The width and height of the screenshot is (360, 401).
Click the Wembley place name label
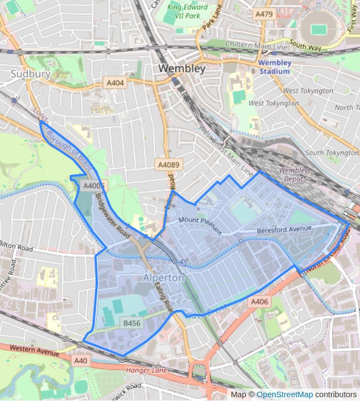[x=182, y=69]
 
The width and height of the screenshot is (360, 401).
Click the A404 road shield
[x=114, y=83]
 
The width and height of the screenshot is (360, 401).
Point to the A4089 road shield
[x=168, y=164]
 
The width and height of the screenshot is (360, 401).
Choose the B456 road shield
[x=132, y=323]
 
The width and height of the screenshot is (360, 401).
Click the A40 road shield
[x=81, y=360]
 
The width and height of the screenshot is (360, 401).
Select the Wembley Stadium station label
[x=274, y=66]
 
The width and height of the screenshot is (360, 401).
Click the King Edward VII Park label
[x=188, y=12]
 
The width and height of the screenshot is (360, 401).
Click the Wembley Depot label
[x=294, y=174]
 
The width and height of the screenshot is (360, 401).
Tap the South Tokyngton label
[x=331, y=153]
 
